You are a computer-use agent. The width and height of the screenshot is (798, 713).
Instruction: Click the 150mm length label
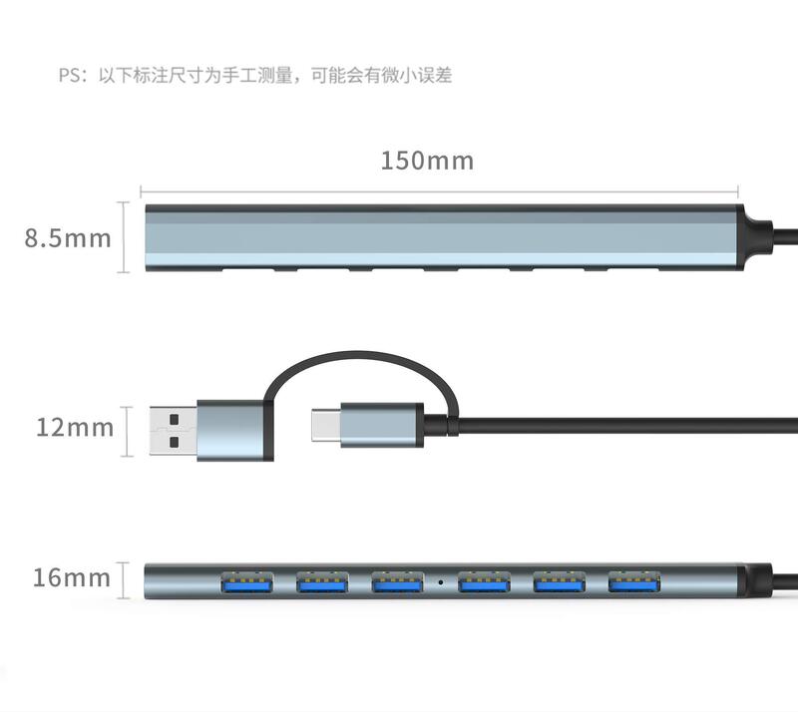[427, 160]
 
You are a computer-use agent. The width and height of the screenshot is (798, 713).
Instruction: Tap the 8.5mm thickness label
[68, 238]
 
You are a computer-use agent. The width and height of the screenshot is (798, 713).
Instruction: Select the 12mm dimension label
[75, 428]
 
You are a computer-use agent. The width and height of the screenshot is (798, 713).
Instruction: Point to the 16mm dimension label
[71, 577]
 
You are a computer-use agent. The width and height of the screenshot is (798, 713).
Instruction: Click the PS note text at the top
[254, 76]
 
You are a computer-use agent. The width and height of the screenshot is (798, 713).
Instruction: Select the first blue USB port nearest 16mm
[246, 579]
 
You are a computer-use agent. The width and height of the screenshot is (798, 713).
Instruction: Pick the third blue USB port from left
[397, 579]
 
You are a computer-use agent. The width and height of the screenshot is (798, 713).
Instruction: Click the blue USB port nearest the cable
[634, 579]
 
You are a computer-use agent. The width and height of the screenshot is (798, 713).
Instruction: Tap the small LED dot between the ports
[440, 579]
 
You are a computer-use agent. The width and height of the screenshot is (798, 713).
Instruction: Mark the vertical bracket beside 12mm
[128, 431]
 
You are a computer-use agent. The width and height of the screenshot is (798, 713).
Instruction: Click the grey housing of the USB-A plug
[231, 431]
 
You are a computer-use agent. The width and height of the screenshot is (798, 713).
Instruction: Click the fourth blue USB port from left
[484, 579]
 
